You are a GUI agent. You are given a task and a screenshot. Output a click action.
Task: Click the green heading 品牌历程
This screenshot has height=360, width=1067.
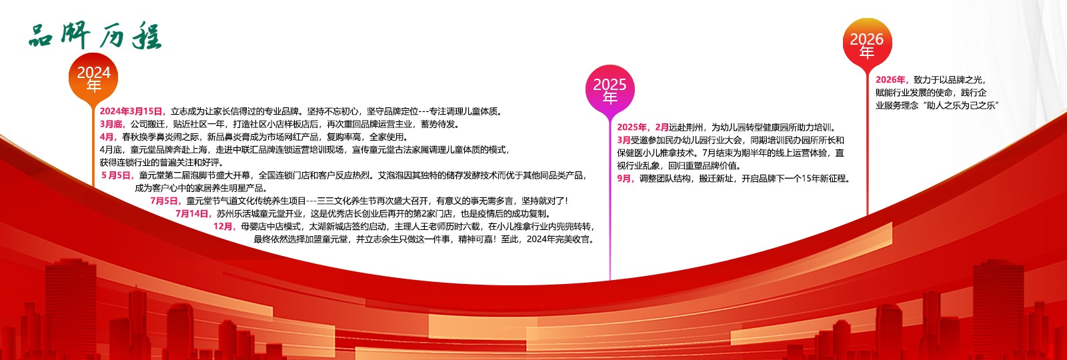95,36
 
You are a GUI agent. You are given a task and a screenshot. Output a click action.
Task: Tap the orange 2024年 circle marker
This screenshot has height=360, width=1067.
94,79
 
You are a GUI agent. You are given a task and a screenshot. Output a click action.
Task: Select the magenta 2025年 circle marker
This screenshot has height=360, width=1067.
610,91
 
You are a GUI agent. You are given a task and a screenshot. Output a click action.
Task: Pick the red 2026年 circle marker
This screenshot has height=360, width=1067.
866,44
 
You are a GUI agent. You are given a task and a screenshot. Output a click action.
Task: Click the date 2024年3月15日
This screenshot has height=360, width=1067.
131,111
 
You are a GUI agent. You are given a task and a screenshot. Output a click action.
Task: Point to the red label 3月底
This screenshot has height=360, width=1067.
112,124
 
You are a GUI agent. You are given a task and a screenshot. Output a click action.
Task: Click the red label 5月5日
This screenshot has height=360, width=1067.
117,175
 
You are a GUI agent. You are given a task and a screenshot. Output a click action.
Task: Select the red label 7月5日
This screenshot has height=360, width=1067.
166,201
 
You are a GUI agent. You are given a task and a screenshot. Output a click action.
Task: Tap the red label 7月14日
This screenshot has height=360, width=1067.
193,213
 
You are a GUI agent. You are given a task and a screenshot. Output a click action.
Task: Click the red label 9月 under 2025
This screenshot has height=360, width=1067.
626,179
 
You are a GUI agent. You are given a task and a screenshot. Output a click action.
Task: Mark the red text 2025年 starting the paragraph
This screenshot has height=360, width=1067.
632,127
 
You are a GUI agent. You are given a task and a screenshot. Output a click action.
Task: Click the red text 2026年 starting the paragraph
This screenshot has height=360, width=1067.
892,80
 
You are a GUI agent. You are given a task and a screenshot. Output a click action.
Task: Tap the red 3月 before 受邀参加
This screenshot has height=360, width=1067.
624,140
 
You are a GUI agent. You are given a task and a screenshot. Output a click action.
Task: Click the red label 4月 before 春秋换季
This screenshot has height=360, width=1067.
108,137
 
